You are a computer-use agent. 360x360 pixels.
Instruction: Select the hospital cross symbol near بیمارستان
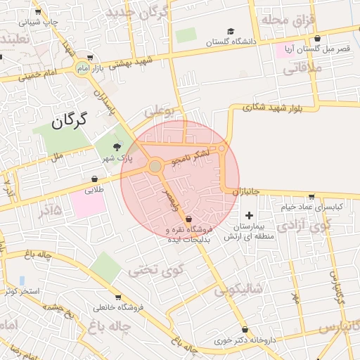(x=248, y=214)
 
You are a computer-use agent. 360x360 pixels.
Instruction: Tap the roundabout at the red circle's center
(x=155, y=167)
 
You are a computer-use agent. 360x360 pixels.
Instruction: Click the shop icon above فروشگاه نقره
(x=188, y=218)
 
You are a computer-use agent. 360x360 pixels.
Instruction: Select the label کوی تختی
(x=157, y=269)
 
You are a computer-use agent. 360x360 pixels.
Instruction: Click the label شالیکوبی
(x=239, y=288)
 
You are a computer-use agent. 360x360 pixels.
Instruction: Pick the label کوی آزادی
(x=302, y=226)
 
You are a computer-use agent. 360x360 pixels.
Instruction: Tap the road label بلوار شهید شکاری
(x=271, y=108)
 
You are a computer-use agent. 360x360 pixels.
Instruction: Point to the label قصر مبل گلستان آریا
(x=316, y=49)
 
